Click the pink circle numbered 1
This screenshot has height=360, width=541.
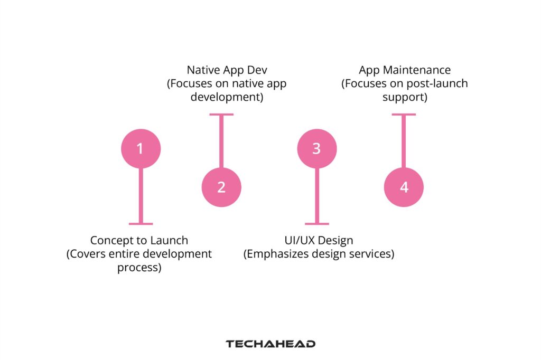tap(140, 149)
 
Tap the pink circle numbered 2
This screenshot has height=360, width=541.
tap(221, 187)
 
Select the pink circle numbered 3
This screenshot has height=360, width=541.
tap(316, 149)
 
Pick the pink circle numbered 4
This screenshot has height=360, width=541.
tap(404, 187)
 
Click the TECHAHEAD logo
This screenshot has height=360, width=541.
tap(270, 344)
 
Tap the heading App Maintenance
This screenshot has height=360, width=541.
tap(404, 70)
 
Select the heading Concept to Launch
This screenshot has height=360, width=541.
tap(139, 240)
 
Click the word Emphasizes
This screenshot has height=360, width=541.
tap(273, 254)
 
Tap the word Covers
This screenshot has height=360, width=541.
tap(90, 254)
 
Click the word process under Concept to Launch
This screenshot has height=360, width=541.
tap(139, 268)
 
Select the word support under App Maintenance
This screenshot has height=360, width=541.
tap(404, 98)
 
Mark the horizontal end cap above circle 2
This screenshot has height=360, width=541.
tap(221, 114)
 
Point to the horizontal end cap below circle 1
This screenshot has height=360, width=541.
tap(140, 224)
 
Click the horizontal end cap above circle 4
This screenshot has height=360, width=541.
tap(404, 114)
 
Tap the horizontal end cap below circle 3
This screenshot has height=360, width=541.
tap(316, 224)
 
